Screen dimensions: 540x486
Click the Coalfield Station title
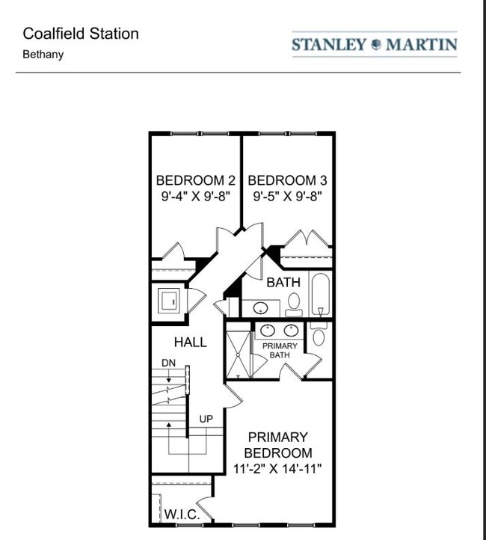(x=81, y=34)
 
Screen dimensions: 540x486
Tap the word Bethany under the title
(x=43, y=55)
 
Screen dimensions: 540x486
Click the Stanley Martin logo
(x=374, y=44)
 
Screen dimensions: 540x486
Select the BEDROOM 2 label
(x=196, y=180)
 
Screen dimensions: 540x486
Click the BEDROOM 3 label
(x=287, y=180)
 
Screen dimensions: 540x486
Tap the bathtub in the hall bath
(x=319, y=295)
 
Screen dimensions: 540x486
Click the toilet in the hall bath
(x=294, y=303)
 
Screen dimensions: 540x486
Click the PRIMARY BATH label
(x=280, y=350)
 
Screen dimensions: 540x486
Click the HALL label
(x=191, y=343)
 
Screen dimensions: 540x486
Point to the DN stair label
(x=168, y=363)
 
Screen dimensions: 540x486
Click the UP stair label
(x=206, y=419)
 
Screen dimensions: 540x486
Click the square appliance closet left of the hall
(x=168, y=301)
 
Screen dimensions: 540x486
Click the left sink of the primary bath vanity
(x=268, y=330)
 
